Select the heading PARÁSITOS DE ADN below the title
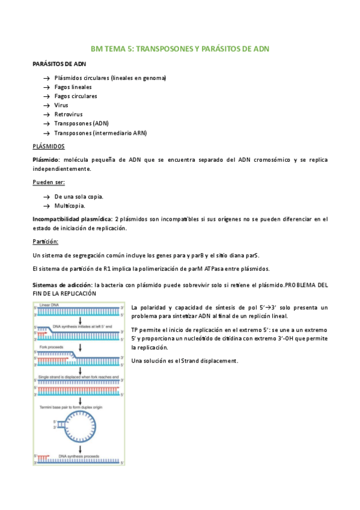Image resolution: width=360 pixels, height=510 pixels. (54, 64)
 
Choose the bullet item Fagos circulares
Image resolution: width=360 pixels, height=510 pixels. (76, 96)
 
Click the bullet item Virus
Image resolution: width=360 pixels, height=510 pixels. (61, 105)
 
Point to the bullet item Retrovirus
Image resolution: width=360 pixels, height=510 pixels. (69, 114)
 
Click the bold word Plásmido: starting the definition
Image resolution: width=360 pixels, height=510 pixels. (46, 159)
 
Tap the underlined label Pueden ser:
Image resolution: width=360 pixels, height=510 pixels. (49, 182)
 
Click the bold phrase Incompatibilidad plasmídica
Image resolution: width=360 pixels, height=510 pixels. (72, 219)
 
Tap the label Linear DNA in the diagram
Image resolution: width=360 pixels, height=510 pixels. (50, 306)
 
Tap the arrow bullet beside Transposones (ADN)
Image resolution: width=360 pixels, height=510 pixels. (46, 123)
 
